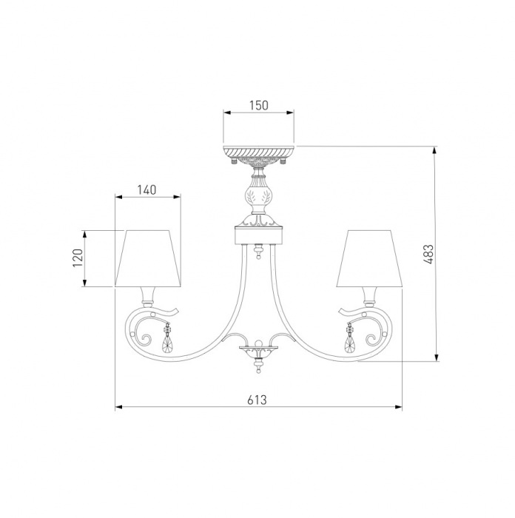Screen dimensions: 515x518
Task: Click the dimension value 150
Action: click(x=259, y=105)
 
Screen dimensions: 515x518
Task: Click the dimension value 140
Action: click(x=147, y=190)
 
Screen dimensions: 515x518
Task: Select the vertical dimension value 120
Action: click(x=78, y=258)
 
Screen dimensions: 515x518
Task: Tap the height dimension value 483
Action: click(x=428, y=254)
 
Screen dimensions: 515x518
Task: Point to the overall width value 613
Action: click(x=257, y=400)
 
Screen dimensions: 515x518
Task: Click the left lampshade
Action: click(x=148, y=258)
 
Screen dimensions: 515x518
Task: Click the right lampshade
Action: click(x=369, y=258)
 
